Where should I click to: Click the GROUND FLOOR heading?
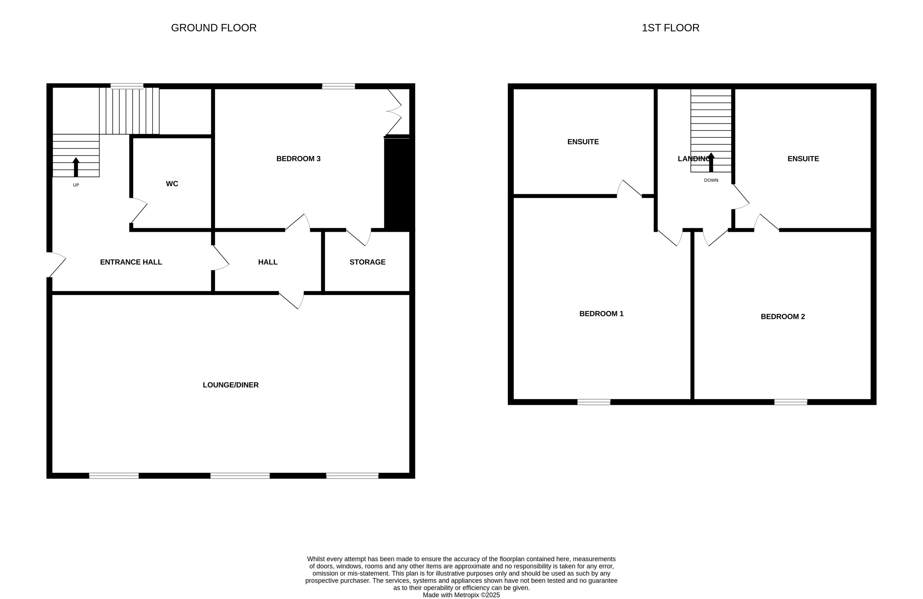point(214,28)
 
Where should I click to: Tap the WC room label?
point(172,184)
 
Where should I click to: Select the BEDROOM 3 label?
point(298,159)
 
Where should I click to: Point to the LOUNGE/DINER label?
point(230,385)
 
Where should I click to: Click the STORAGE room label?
point(367,262)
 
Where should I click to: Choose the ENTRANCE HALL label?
point(131,262)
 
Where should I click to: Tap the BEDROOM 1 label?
point(601,314)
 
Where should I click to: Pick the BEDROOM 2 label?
point(783,317)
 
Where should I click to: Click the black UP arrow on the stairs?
point(76,167)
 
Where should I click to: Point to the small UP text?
point(76,185)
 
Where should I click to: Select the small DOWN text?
point(711,180)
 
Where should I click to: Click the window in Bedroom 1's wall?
point(593,402)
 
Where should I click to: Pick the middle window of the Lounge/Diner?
point(240,476)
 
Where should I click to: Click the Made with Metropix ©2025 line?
point(461,595)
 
